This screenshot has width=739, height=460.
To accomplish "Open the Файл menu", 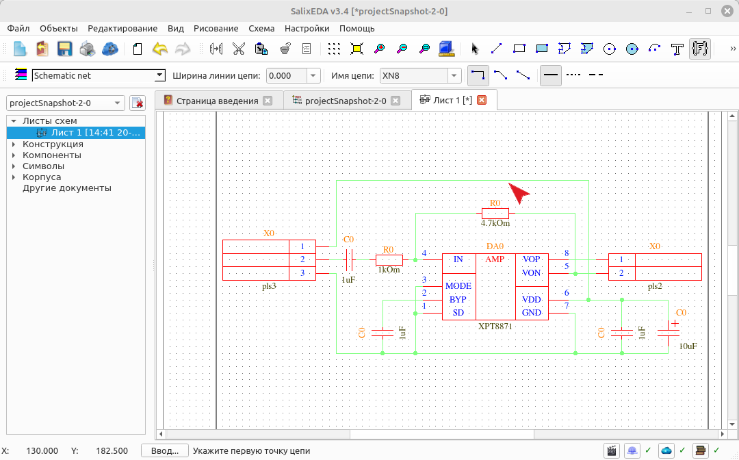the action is [x=18, y=28].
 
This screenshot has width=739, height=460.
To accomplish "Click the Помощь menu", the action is [x=356, y=28].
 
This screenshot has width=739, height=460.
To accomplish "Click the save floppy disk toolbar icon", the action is [x=64, y=49].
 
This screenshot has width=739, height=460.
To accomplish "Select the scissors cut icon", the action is [x=239, y=49].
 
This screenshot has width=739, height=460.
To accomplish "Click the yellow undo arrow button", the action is [x=160, y=49].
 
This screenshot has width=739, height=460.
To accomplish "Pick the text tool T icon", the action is [x=677, y=49].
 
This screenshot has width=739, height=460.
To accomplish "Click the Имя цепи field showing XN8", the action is [x=415, y=75].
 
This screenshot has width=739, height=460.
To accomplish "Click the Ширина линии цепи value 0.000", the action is [x=287, y=75].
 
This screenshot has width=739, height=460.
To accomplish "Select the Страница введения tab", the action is [x=218, y=101].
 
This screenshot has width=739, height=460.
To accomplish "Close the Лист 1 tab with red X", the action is [x=482, y=100].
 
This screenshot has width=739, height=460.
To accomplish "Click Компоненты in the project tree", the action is [x=52, y=155].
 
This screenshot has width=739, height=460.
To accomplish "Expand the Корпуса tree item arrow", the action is [x=14, y=177].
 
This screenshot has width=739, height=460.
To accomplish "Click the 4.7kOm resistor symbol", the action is [x=495, y=213].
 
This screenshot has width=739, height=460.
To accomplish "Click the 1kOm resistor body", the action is [x=389, y=259].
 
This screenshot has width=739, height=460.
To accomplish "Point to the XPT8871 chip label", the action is [x=495, y=326].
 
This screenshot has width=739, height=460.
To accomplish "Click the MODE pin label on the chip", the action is [x=458, y=286].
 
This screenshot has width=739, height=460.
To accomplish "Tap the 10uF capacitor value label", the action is [x=688, y=346].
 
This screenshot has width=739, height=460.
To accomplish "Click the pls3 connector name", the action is [x=269, y=286].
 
